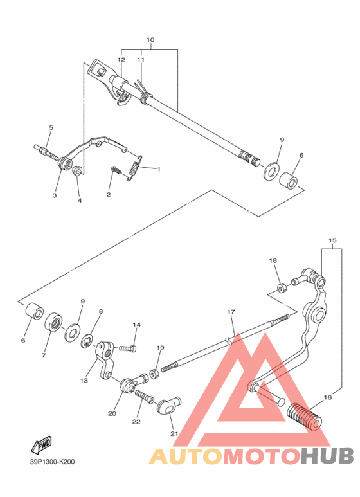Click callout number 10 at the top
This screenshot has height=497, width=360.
(x=150, y=40)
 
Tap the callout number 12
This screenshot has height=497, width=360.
(x=121, y=59)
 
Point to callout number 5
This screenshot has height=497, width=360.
(x=51, y=127)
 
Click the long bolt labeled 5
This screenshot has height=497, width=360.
(x=45, y=152)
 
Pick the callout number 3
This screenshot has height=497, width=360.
(x=55, y=195)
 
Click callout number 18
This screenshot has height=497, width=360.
(x=273, y=260)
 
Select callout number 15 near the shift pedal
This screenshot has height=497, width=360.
(x=332, y=241)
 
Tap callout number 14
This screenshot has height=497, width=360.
(x=136, y=325)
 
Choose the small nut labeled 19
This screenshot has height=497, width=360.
(x=155, y=373)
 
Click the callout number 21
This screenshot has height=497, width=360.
(x=172, y=433)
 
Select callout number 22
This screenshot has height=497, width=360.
(x=136, y=422)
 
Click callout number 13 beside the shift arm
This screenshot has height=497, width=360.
(x=84, y=381)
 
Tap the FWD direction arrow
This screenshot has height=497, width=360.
(x=41, y=445)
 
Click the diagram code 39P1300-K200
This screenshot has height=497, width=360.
(x=51, y=462)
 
